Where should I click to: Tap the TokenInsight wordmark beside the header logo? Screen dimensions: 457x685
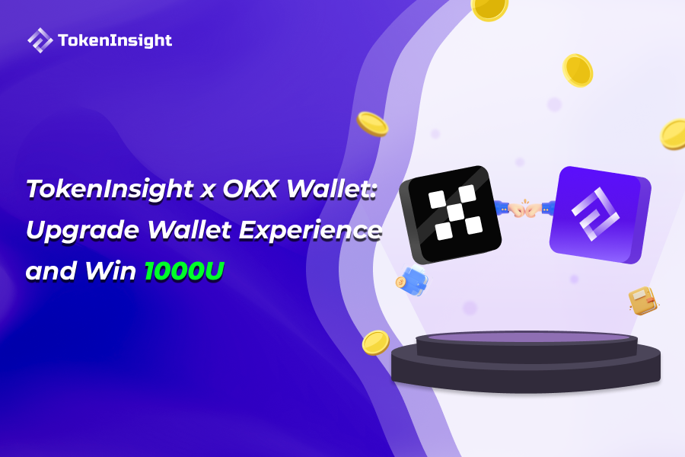(x=115, y=41)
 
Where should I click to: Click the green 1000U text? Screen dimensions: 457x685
(x=185, y=271)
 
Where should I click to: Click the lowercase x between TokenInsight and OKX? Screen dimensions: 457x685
(x=208, y=191)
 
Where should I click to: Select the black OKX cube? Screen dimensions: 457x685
(x=449, y=213)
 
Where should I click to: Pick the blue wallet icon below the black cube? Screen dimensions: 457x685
(x=413, y=280)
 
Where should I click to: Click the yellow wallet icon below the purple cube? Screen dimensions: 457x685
(x=642, y=300)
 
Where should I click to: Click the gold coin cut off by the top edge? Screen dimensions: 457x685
(x=489, y=8)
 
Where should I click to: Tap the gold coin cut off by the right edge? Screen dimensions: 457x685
(x=673, y=134)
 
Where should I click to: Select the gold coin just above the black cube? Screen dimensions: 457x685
(x=373, y=123)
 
